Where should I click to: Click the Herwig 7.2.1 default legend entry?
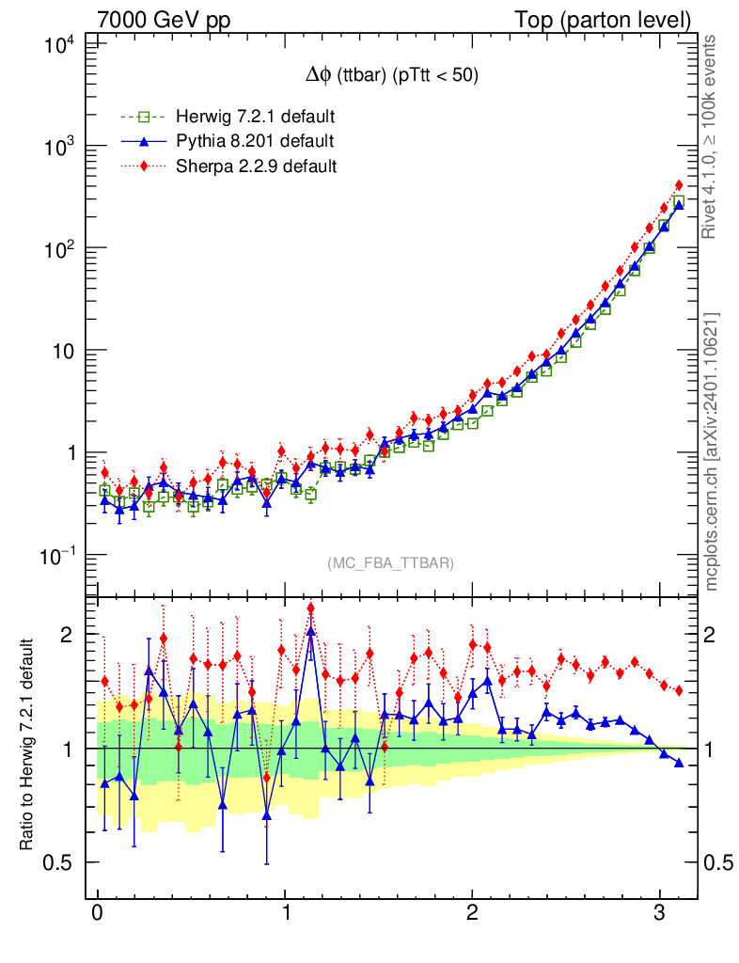(255, 118)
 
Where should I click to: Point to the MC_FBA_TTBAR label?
(390, 563)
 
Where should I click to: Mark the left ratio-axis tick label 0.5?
(62, 862)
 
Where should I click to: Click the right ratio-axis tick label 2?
(716, 635)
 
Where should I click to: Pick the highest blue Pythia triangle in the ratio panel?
(311, 630)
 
